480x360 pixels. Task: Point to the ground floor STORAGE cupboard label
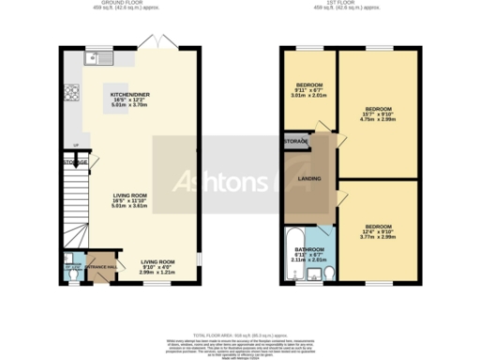[76, 163]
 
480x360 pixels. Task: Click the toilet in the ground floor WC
[71, 272]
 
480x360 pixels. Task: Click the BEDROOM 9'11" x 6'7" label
[309, 87]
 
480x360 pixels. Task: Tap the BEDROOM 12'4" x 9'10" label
[378, 232]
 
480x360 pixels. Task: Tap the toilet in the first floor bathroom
[315, 273]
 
